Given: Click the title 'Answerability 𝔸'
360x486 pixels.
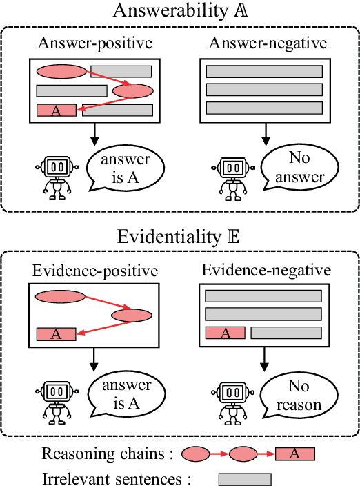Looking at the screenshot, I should (x=180, y=12).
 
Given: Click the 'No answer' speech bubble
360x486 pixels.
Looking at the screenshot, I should (x=298, y=168).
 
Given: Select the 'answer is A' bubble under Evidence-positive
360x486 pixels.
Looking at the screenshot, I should (x=126, y=395).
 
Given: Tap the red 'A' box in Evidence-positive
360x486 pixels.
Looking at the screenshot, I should (x=57, y=335).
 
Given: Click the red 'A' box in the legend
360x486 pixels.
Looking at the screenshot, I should (x=295, y=454).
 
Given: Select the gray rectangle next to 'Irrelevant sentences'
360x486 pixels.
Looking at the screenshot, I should (x=245, y=478).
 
